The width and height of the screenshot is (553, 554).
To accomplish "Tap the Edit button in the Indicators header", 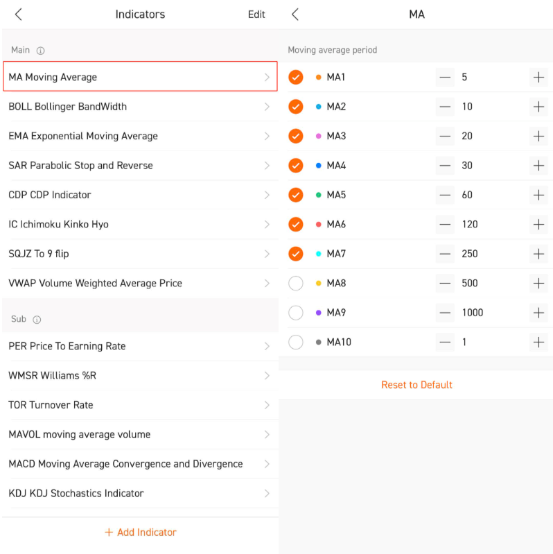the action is pos(256,15).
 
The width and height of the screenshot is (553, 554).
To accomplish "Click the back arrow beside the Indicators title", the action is pos(19,15).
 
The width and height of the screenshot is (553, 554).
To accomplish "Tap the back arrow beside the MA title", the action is pos(295,15).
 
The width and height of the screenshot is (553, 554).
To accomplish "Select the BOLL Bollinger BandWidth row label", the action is pos(67,107).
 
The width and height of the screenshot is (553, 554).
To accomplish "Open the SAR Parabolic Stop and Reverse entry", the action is pos(80,165).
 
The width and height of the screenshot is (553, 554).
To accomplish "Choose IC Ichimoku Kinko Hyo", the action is pos(58,225).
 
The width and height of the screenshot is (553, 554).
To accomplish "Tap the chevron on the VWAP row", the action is pos(267,284).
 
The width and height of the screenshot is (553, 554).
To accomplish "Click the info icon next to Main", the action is pos(41,51).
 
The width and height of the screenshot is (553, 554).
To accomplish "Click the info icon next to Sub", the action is pos(37,320).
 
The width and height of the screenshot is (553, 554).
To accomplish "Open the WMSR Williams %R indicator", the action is pos(52,376).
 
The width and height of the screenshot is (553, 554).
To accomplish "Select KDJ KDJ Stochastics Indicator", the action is pos(76,493).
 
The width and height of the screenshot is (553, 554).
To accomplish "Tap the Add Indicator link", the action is pos(141,532).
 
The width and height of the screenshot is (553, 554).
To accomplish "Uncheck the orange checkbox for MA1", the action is pos(296,77).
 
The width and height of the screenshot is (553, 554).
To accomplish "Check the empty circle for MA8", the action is pos(296,284).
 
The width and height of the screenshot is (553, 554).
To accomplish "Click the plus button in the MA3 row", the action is pos(538,136).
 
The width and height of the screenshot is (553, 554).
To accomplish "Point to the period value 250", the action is pos(470,254).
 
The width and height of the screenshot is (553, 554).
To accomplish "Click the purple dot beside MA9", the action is pos(319,313).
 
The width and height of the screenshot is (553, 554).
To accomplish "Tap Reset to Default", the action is pos(416,385).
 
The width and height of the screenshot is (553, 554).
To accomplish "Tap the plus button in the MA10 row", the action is pos(538,342).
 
